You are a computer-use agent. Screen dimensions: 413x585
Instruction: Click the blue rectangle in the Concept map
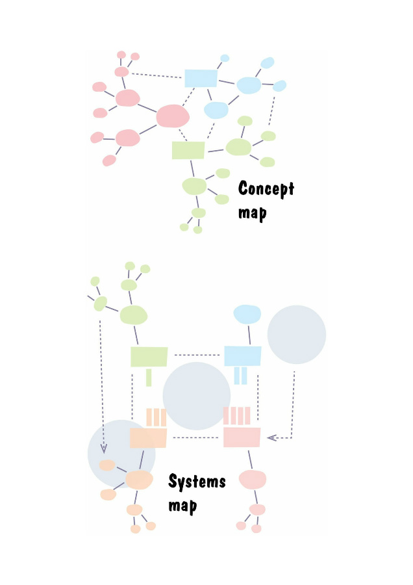click(x=201, y=78)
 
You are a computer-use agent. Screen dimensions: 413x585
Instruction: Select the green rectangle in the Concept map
click(x=188, y=150)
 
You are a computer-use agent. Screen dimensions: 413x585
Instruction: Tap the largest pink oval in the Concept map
click(x=173, y=116)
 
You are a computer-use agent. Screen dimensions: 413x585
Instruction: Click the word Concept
click(x=266, y=188)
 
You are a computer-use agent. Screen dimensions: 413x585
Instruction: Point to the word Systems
click(x=197, y=481)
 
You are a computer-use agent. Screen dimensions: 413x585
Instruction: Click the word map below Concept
click(x=253, y=213)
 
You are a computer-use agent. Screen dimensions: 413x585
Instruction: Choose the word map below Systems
click(x=182, y=506)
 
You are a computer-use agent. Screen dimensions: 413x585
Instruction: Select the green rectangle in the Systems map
click(x=149, y=357)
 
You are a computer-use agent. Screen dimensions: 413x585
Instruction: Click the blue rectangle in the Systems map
click(x=242, y=356)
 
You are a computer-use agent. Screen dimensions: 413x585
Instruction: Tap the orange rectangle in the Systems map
click(x=148, y=438)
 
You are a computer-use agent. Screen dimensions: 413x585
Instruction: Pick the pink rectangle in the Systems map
click(x=242, y=437)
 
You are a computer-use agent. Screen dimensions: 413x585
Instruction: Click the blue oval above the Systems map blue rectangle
click(x=247, y=314)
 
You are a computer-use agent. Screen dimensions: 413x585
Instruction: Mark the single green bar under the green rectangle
click(x=149, y=378)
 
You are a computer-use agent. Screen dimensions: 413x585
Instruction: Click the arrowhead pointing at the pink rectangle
click(x=271, y=437)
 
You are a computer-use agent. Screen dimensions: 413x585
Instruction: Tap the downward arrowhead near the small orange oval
click(x=104, y=448)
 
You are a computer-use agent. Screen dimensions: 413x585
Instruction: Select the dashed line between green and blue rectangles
click(x=197, y=355)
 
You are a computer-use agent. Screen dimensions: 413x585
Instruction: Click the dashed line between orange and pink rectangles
click(x=195, y=437)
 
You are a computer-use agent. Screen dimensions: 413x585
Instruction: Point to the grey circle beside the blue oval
click(x=297, y=335)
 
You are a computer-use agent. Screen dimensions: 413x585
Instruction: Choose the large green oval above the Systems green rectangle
click(x=133, y=315)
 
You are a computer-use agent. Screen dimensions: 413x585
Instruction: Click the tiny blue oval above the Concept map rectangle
click(x=225, y=58)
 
